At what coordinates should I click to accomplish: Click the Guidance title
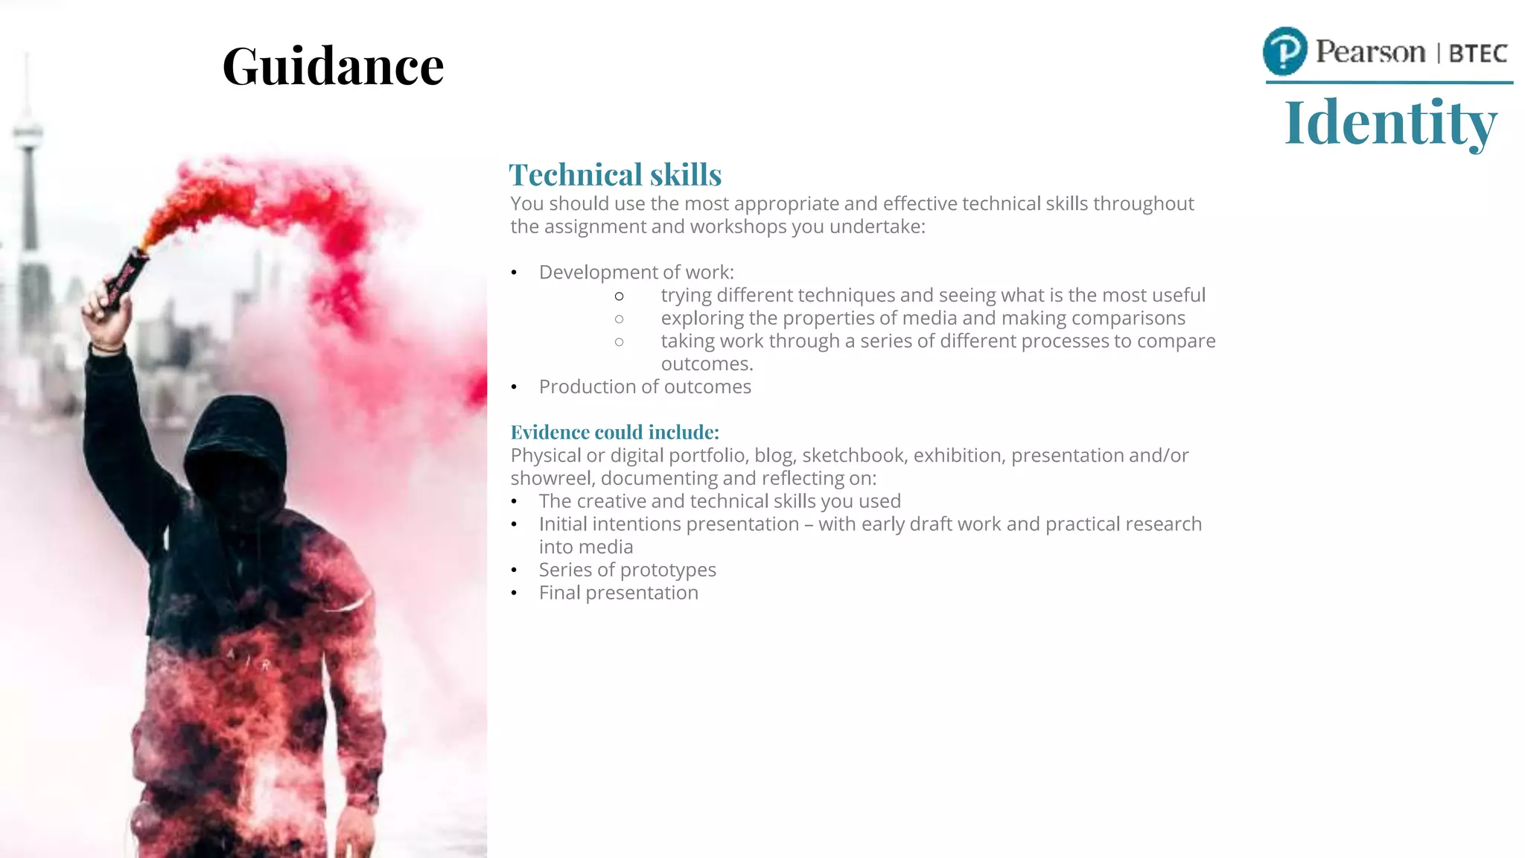point(333,66)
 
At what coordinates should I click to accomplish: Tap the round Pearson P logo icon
point(1284,51)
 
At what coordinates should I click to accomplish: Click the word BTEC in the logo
point(1477,54)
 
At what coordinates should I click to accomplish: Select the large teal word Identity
point(1390,122)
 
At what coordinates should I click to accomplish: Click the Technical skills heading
point(615,175)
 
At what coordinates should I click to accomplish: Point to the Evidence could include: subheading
point(614,432)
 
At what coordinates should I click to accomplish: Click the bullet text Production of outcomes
point(645,387)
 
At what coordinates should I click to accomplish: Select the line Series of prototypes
point(627,570)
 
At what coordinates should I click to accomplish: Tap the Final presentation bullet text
point(618,593)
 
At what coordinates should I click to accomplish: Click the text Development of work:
point(636,273)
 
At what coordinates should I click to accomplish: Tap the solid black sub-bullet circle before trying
point(619,296)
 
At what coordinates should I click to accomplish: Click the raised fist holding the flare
point(106,317)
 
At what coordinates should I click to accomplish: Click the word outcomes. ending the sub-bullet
point(707,364)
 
